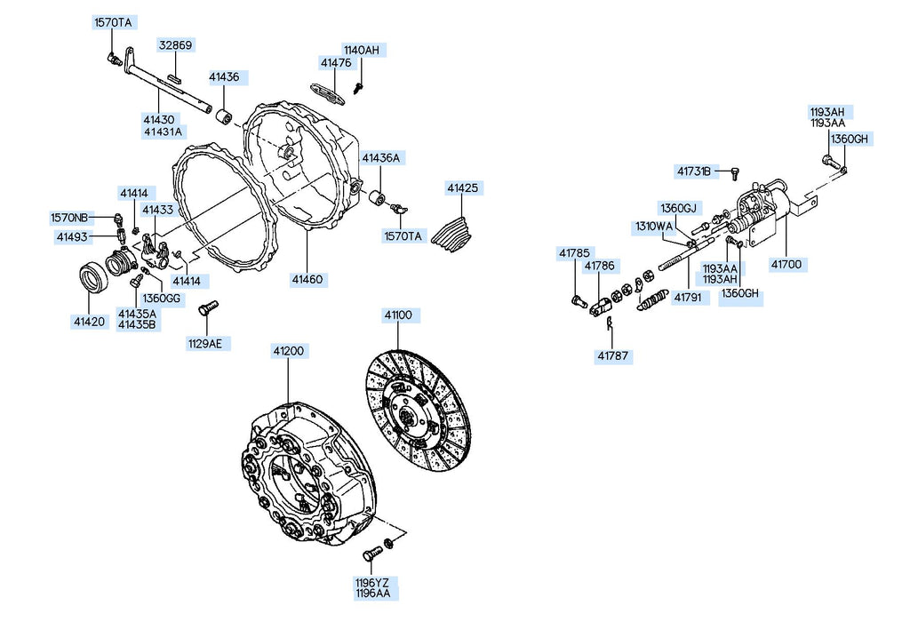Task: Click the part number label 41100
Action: click(398, 315)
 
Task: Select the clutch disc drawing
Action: click(419, 411)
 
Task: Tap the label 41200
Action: click(289, 351)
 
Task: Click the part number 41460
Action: click(307, 280)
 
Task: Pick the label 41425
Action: click(462, 188)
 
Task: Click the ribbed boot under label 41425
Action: click(452, 233)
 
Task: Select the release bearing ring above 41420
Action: click(92, 277)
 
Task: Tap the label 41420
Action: click(90, 322)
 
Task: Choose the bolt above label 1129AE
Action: click(208, 307)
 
